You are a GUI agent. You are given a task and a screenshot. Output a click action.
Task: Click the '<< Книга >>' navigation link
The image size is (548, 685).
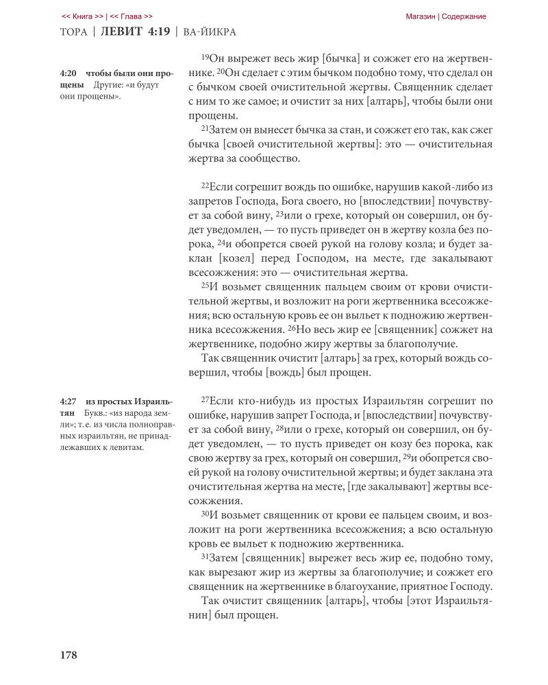click(x=83, y=16)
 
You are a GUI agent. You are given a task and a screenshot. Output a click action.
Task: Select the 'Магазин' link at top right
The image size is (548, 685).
click(x=421, y=16)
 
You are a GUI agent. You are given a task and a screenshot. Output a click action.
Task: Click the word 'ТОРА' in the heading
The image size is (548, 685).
click(x=75, y=32)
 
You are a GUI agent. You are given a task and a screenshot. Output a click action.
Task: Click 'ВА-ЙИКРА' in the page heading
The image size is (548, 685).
click(x=212, y=32)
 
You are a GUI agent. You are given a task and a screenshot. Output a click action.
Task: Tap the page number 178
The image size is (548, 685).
click(x=68, y=655)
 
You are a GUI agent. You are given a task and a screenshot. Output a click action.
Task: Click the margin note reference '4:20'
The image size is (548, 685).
click(x=68, y=73)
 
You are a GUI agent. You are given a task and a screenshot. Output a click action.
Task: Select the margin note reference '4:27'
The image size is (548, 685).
click(x=68, y=401)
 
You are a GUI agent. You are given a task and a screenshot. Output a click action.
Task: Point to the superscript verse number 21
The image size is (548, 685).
click(x=205, y=127)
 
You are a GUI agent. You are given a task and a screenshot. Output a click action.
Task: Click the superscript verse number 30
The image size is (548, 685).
click(x=205, y=511)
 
